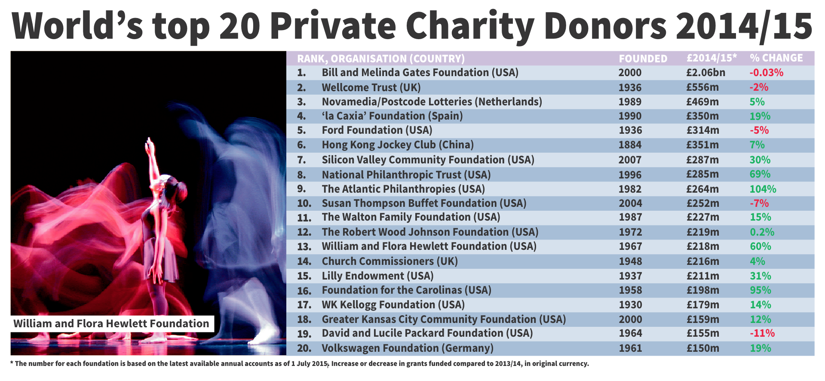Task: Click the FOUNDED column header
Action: [643, 58]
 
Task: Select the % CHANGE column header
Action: [776, 58]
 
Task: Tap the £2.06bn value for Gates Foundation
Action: [705, 73]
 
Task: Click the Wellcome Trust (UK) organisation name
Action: [371, 88]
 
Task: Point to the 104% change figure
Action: [763, 189]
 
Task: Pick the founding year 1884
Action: [630, 145]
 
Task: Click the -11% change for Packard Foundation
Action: [762, 333]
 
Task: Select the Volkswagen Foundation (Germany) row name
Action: [407, 348]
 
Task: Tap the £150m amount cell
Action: [702, 348]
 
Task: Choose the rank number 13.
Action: [304, 247]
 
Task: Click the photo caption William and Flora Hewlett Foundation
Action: [111, 324]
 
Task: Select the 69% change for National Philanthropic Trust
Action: [760, 174]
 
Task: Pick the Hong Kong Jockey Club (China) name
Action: [398, 145]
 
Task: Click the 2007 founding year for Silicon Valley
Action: [630, 160]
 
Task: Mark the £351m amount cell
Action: [702, 145]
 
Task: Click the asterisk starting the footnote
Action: [12, 363]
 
